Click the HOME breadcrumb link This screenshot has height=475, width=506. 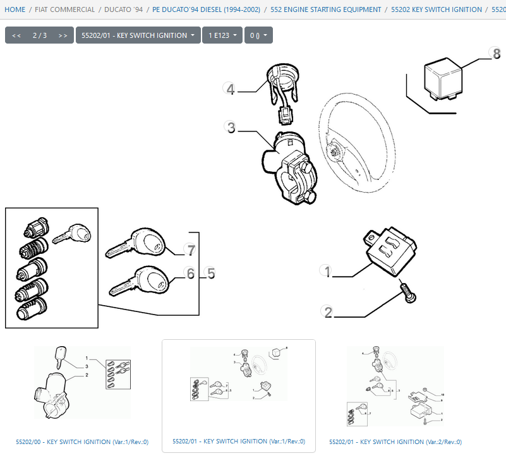click(15, 9)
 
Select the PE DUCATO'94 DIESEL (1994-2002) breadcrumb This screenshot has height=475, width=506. click(206, 9)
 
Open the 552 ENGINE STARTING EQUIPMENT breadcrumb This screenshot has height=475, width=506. click(325, 9)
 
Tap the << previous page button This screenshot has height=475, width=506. click(16, 35)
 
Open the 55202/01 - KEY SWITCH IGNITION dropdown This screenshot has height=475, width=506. click(138, 35)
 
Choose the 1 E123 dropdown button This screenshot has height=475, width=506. click(222, 35)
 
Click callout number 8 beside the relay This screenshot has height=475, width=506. click(496, 53)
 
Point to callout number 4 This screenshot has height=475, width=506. click(230, 88)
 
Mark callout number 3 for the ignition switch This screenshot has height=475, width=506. click(231, 127)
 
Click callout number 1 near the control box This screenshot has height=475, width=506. click(327, 271)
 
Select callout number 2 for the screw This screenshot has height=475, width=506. click(328, 312)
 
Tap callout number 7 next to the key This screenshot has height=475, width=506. click(191, 250)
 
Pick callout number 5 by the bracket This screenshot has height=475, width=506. click(211, 274)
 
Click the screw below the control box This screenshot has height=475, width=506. click(407, 292)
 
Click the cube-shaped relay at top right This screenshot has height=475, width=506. click(443, 79)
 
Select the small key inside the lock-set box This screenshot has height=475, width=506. click(71, 234)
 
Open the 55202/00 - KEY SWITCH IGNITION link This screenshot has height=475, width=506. click(82, 442)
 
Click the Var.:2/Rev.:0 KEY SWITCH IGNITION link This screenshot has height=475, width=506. click(395, 442)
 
